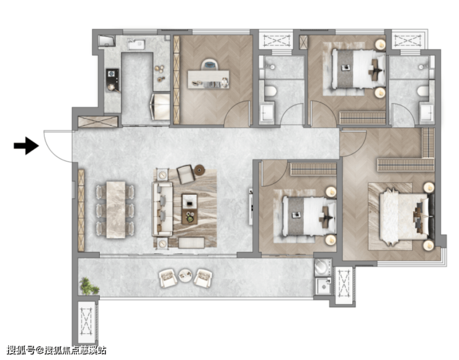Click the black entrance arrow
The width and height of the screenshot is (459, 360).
[26, 146]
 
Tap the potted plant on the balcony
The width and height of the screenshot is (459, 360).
[89, 286]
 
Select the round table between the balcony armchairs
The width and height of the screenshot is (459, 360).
[185, 276]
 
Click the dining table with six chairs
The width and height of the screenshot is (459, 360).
[116, 210]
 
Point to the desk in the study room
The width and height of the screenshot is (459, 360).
[208, 79]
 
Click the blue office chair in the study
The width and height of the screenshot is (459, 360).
[210, 65]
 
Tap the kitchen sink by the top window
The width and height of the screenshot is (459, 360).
[136, 44]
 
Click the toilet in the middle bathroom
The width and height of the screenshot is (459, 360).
[270, 91]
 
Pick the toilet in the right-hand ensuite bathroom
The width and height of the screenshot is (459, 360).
[423, 91]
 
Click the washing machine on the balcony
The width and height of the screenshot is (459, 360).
[323, 268]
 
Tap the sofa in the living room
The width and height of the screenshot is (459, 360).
[162, 209]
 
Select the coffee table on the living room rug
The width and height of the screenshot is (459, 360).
[190, 209]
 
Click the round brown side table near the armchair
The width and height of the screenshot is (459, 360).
[199, 170]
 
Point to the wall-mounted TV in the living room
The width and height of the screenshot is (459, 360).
[251, 207]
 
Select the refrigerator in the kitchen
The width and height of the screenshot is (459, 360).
[161, 107]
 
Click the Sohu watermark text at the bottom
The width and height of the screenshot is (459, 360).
[56, 350]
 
